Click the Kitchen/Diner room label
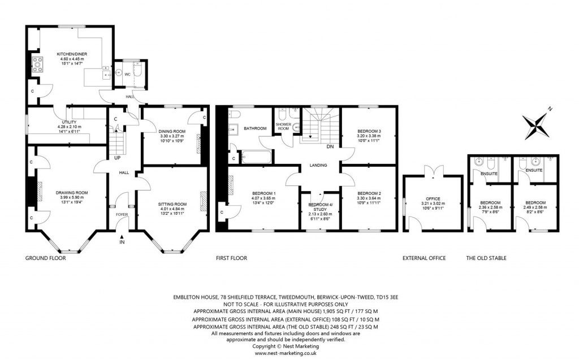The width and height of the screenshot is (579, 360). click(70, 54)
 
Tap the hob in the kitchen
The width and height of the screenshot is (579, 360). click(38, 63)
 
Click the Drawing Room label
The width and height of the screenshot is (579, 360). click(71, 193)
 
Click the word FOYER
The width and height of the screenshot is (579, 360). click(122, 214)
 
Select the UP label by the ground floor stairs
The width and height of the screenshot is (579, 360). click(117, 158)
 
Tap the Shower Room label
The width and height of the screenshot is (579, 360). click(283, 126)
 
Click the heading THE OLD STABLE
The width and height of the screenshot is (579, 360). click(486, 258)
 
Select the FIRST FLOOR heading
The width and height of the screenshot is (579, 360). click(231, 258)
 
